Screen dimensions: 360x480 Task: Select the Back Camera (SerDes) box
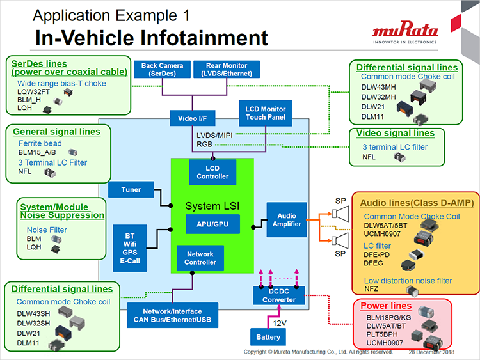pyautogui.click(x=163, y=69)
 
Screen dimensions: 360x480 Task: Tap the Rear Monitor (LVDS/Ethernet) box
pyautogui.click(x=225, y=69)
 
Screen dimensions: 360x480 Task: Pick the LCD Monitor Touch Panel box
pyautogui.click(x=266, y=113)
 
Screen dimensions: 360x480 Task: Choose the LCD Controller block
pyautogui.click(x=212, y=171)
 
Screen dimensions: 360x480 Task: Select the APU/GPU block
pyautogui.click(x=212, y=224)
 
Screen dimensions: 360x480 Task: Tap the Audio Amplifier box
pyautogui.click(x=286, y=219)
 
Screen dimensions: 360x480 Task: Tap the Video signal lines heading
pyautogui.click(x=395, y=133)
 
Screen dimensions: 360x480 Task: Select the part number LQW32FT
pyautogui.click(x=33, y=93)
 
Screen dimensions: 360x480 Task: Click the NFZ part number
pyautogui.click(x=372, y=289)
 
